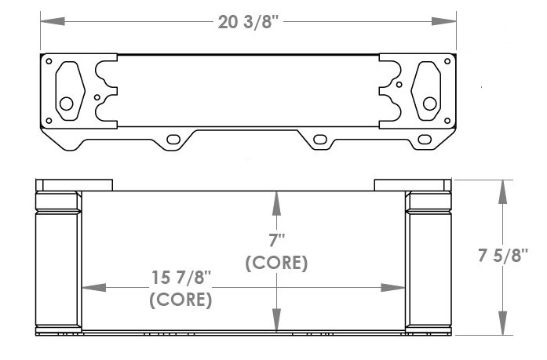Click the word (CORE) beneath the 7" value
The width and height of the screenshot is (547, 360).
coord(275,263)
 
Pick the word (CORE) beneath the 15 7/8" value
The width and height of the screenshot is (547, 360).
coord(181,299)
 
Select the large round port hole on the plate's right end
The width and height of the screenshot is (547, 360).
coord(429,103)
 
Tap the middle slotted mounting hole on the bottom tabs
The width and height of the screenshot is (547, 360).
coord(319,140)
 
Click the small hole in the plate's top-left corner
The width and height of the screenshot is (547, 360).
coord(49,61)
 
